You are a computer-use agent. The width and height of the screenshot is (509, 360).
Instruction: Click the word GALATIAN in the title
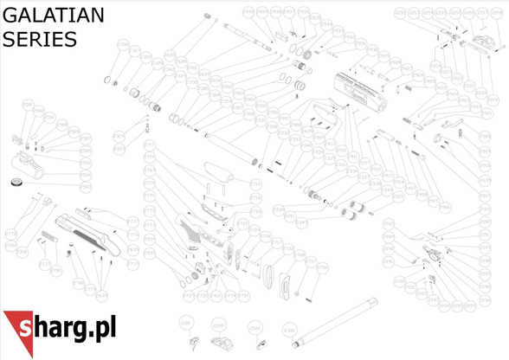54,15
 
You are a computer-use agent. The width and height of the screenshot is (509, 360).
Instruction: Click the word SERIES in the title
39,40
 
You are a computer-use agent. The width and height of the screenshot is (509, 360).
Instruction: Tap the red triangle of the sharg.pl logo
18,332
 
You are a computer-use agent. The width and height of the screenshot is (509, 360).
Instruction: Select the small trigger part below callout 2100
186,338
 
